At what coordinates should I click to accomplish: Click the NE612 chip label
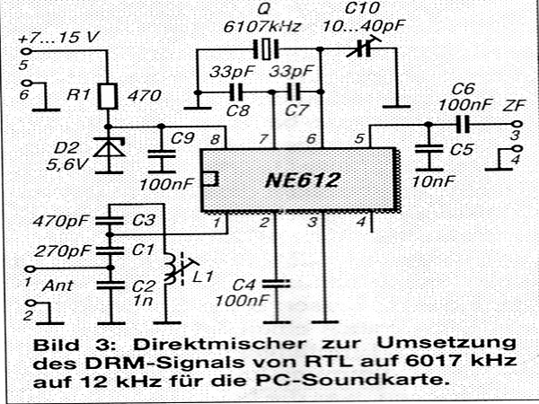303,180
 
